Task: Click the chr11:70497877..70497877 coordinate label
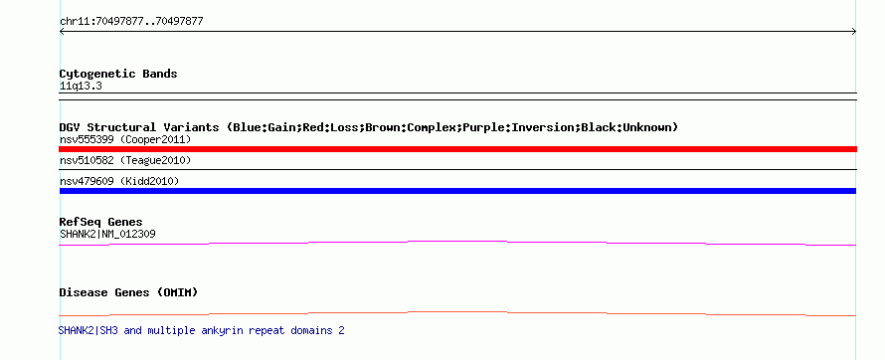[x=131, y=22]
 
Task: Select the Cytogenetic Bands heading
[x=118, y=74]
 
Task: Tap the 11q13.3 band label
[x=81, y=87]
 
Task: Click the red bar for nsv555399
[x=457, y=149]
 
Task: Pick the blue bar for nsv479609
[x=457, y=191]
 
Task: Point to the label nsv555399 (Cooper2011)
[x=125, y=139]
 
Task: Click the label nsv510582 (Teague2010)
[x=125, y=161]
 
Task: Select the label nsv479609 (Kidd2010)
[x=119, y=181]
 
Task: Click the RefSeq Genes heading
[x=101, y=222]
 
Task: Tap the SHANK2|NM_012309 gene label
[x=107, y=234]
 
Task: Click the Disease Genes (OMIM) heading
[x=128, y=292]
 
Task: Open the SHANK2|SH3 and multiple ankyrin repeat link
[x=202, y=330]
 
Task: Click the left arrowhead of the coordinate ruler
[x=61, y=32]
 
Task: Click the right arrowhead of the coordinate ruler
[x=855, y=32]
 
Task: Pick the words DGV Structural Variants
[x=139, y=127]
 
